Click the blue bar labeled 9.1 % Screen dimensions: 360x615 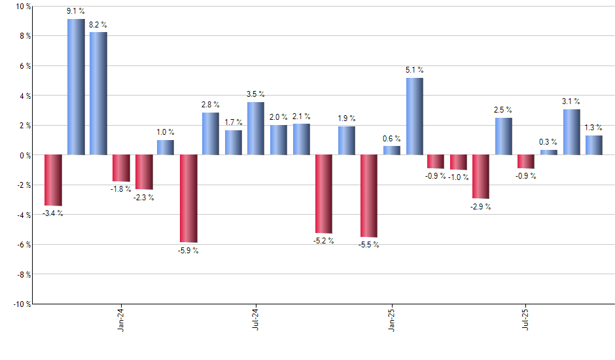tap(76, 87)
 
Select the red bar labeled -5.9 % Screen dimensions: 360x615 tap(189, 198)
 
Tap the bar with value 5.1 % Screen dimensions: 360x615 tap(414, 117)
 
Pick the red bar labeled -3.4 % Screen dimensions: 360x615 tap(53, 180)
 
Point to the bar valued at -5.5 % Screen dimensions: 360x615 tap(369, 196)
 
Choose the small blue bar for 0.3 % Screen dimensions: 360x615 tap(549, 153)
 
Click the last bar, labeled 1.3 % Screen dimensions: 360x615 tap(594, 145)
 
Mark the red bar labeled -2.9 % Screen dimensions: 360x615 tap(481, 177)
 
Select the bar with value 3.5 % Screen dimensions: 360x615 tap(256, 129)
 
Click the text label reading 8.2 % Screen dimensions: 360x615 tap(98, 25)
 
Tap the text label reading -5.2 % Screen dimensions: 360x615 tap(324, 241)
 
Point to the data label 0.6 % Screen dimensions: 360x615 tap(392, 138)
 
